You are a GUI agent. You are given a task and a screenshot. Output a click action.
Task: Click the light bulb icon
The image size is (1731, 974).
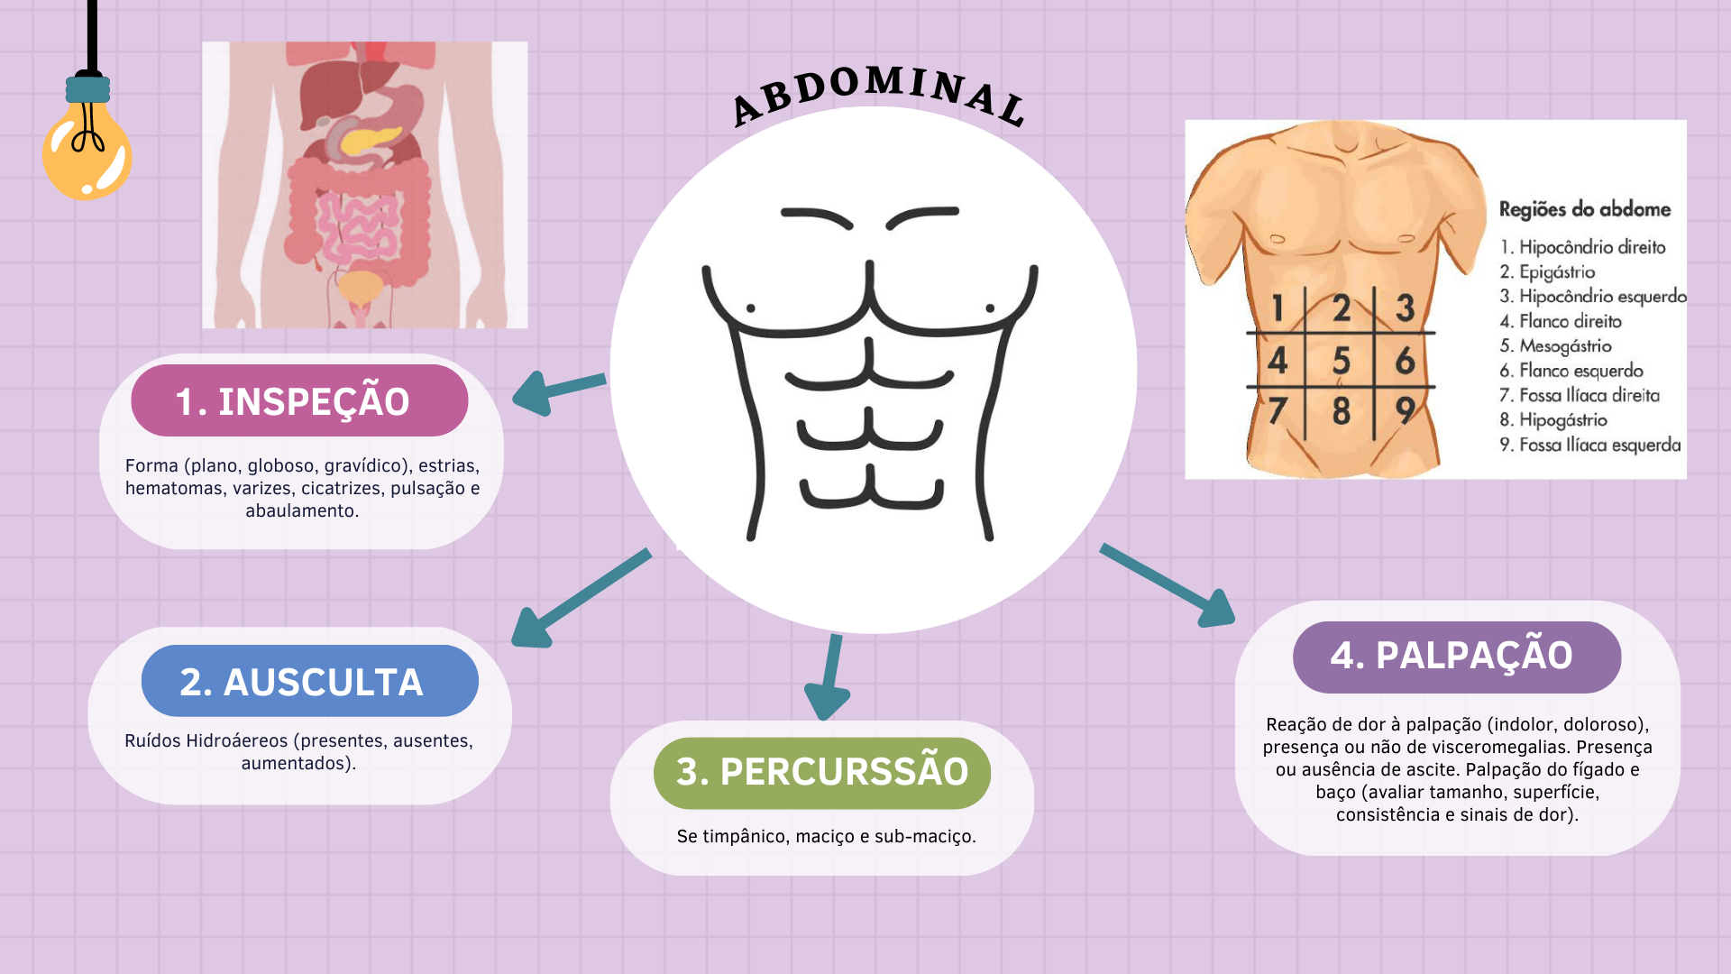pyautogui.click(x=87, y=150)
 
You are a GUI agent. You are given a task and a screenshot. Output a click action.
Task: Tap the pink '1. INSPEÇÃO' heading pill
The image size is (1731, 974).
pyautogui.click(x=299, y=401)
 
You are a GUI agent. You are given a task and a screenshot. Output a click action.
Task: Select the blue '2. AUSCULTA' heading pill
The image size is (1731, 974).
pyautogui.click(x=309, y=682)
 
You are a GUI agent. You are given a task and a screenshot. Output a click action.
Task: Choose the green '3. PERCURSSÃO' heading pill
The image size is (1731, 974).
pyautogui.click(x=821, y=772)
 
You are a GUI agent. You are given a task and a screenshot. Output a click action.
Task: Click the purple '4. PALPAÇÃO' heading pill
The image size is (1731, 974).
pyautogui.click(x=1456, y=657)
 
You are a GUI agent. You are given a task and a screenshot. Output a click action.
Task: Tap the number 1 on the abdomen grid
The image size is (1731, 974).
pyautogui.click(x=1278, y=308)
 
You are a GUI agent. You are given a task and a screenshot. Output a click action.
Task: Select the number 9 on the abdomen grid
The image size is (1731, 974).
pyautogui.click(x=1406, y=411)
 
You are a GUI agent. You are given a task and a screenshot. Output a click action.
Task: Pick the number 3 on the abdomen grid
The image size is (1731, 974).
pyautogui.click(x=1405, y=308)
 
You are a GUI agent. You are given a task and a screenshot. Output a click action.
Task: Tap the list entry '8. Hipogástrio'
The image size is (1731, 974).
pyautogui.click(x=1553, y=420)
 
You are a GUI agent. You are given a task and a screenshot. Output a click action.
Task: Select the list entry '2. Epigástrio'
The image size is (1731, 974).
pyautogui.click(x=1547, y=272)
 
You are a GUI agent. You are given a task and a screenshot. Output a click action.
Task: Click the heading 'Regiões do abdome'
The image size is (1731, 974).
pyautogui.click(x=1584, y=210)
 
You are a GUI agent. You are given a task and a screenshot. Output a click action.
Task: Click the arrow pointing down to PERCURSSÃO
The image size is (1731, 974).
pyautogui.click(x=830, y=677)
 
